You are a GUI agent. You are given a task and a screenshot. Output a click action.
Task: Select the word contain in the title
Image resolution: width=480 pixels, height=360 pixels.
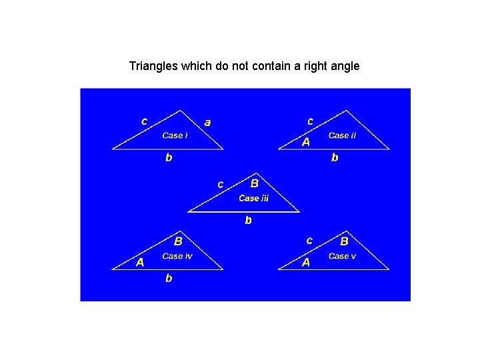pos(262,66)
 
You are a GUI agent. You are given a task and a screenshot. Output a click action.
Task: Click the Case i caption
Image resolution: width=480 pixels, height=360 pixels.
pos(175,135)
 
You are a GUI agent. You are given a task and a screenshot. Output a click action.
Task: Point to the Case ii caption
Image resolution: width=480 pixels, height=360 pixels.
pos(342,135)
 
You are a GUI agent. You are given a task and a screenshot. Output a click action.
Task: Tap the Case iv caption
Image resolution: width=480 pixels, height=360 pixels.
pos(177,256)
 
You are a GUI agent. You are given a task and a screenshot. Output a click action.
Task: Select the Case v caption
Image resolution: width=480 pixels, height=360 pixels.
pos(342,256)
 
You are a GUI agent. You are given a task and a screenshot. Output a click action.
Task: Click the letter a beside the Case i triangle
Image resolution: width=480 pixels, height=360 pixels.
pos(208,122)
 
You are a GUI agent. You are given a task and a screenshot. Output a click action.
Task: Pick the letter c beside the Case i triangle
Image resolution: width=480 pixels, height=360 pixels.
pos(144,121)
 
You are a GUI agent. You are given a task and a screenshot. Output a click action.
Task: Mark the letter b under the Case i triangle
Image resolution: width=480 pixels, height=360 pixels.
pos(169,158)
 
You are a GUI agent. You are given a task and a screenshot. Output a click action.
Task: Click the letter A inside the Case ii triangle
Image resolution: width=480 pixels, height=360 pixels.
pos(306,142)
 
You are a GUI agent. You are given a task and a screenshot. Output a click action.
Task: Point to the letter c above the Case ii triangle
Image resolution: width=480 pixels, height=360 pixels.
pos(310,121)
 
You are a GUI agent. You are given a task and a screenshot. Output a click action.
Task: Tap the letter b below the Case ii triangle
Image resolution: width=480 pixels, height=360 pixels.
pos(335,158)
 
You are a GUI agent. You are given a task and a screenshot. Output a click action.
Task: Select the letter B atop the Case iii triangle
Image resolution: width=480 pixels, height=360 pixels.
pos(255,183)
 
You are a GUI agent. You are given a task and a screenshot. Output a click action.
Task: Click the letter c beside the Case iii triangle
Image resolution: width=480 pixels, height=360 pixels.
pos(221,183)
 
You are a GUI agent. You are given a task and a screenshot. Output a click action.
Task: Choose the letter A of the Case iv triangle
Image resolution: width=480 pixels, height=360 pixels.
pos(140,262)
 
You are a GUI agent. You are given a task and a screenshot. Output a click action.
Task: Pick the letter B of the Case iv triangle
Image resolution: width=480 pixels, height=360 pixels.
pos(178,241)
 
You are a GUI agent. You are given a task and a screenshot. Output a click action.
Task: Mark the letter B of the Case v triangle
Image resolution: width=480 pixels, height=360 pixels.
pos(345,241)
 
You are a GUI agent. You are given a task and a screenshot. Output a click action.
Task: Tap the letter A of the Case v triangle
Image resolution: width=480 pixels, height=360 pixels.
pos(306,262)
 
